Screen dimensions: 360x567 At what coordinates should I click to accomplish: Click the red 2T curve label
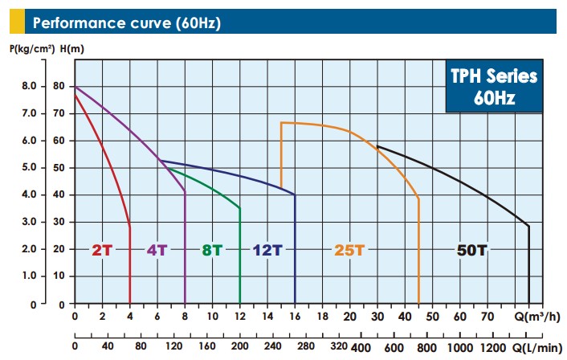pyautogui.click(x=102, y=249)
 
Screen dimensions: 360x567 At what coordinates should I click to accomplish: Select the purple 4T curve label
pyautogui.click(x=157, y=249)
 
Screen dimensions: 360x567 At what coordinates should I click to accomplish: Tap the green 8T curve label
pyautogui.click(x=212, y=249)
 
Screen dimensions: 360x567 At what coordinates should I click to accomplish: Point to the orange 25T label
pyautogui.click(x=349, y=249)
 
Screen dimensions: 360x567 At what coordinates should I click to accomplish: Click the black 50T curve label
pyautogui.click(x=471, y=249)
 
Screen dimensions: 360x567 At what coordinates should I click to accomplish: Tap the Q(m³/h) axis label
pyautogui.click(x=536, y=317)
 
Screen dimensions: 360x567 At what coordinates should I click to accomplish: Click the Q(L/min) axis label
pyautogui.click(x=536, y=347)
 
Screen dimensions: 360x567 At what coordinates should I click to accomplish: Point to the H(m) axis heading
pyautogui.click(x=70, y=49)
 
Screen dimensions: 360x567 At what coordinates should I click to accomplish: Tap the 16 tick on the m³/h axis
pyautogui.click(x=295, y=317)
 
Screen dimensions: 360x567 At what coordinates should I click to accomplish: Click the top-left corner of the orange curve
pyautogui.click(x=281, y=122)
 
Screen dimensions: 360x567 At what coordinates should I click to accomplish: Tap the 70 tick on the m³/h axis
pyautogui.click(x=487, y=317)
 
